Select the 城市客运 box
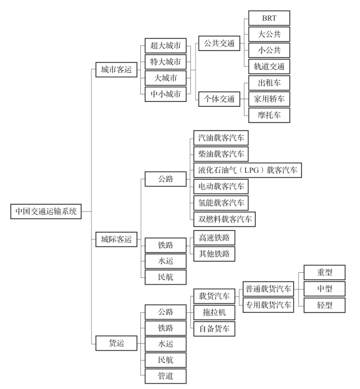tap(116, 70)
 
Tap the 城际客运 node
tap(116, 239)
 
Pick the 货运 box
tap(116, 344)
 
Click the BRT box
tap(269, 18)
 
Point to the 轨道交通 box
tap(269, 67)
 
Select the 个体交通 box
tap(219, 99)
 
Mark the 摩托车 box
tap(269, 115)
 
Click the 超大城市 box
tap(165, 45)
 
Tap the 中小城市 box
tap(165, 94)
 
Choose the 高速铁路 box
tap(214, 237)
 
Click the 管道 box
tap(165, 376)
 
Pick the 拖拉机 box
tap(214, 312)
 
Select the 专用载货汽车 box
tap(268, 305)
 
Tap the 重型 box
tap(324, 272)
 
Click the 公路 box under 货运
tap(165, 312)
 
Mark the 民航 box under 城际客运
tap(165, 277)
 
